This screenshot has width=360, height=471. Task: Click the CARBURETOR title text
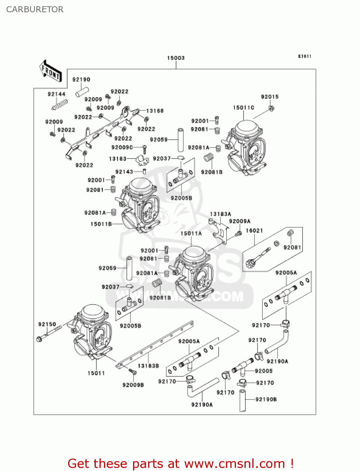35,9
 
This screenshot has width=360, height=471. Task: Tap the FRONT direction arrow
51,71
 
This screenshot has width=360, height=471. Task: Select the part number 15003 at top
176,58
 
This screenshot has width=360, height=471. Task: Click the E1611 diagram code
304,56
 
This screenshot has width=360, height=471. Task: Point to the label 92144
56,94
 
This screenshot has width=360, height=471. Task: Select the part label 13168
155,111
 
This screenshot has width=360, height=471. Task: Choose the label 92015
270,97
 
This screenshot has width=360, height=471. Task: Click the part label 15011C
243,108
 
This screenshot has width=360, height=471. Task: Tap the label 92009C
122,147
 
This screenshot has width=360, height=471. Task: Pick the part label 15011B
101,224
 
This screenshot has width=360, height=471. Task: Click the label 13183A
220,214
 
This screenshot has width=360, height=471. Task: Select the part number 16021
254,230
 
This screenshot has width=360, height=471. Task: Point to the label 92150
47,324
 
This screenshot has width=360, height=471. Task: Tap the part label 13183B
148,366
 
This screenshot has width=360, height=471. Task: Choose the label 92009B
133,385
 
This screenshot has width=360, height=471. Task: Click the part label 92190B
266,399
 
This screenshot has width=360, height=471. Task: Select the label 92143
124,172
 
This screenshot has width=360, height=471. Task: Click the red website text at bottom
180,463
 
